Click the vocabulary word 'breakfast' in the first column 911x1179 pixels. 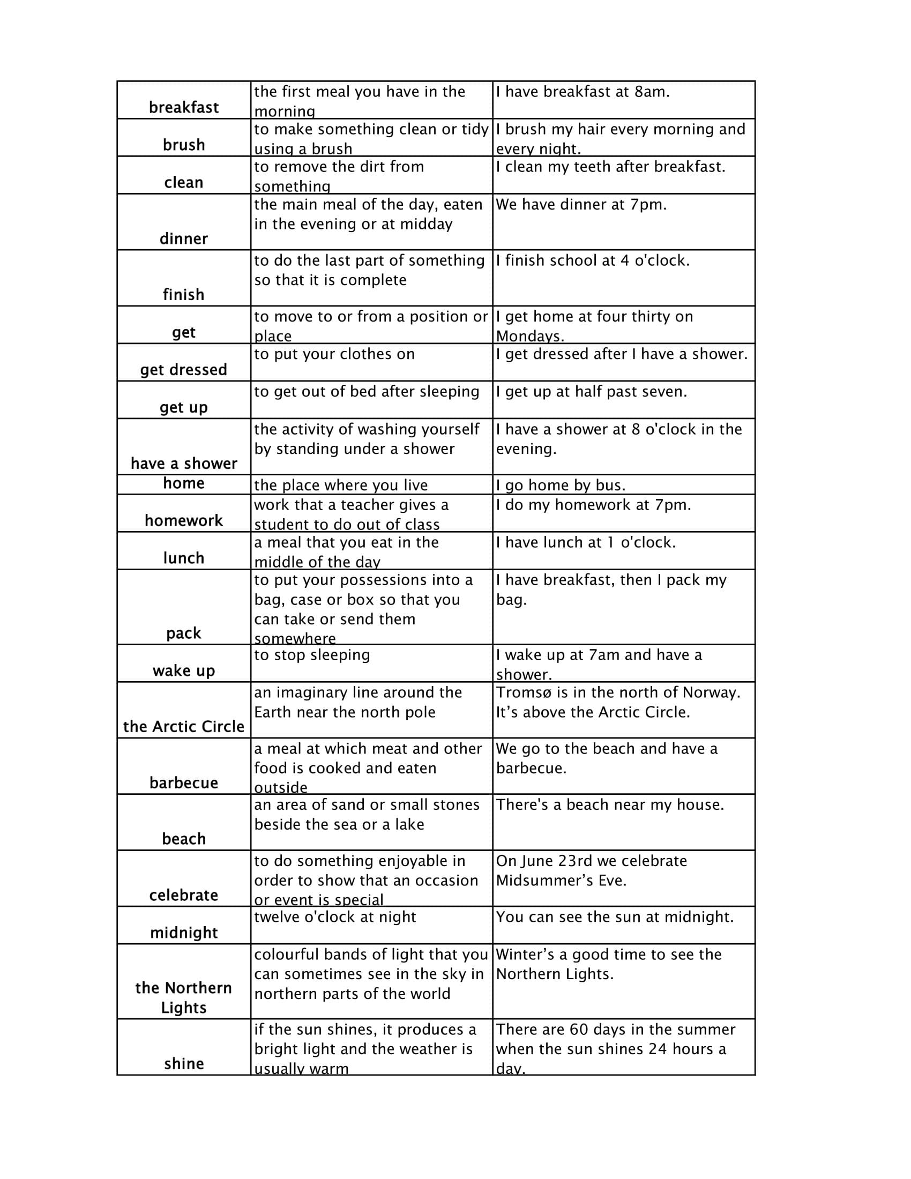pos(183,107)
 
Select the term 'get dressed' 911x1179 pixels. pos(183,370)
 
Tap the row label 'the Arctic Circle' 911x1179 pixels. pos(183,727)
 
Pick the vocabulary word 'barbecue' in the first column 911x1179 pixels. pos(183,783)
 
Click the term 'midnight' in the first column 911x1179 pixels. pos(183,933)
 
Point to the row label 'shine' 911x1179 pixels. pos(183,1064)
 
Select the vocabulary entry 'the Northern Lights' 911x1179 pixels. pos(183,998)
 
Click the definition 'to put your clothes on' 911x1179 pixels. pos(334,354)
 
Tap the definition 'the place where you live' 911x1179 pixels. pos(340,486)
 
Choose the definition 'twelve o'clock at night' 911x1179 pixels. pos(335,917)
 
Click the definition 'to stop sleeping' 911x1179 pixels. pos(312,655)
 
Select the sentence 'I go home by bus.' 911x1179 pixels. pos(561,486)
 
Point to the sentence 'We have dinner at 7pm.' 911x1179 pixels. pos(581,205)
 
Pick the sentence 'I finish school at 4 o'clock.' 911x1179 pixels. pos(593,261)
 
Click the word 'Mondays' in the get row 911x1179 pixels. pos(528,337)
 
